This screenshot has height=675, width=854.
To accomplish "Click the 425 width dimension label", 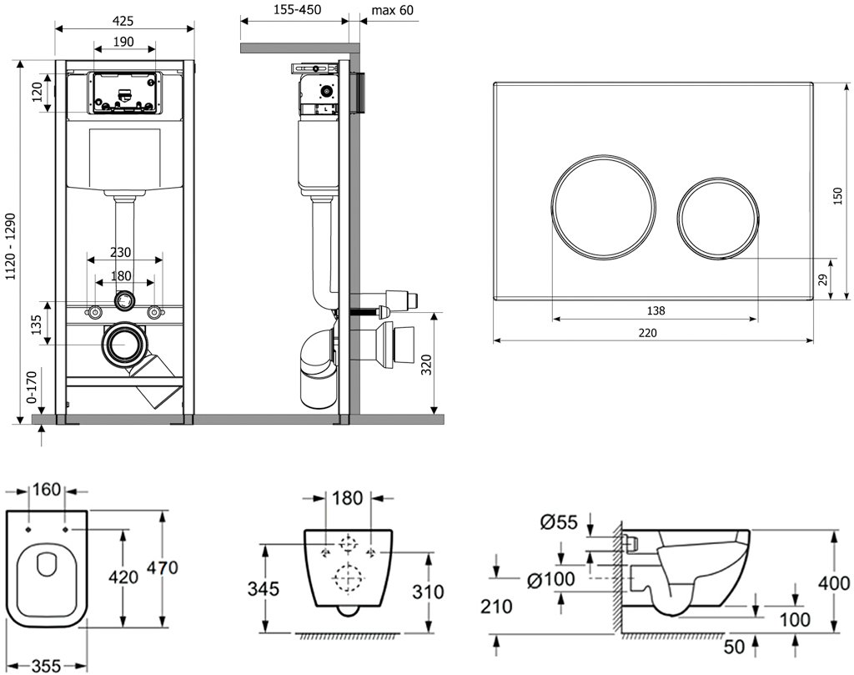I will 124,20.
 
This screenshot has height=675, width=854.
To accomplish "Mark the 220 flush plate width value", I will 648,332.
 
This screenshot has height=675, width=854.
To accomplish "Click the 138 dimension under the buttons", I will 656,310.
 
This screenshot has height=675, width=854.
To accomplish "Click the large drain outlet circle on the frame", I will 126,342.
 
